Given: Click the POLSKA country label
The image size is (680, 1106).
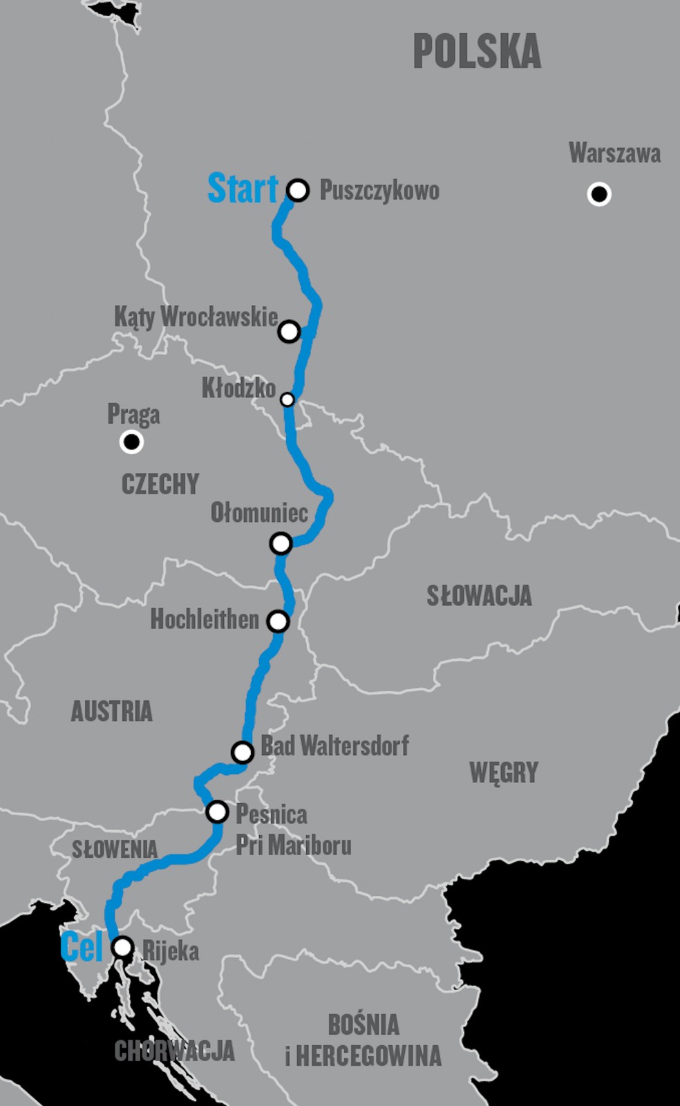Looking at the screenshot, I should pos(477,52).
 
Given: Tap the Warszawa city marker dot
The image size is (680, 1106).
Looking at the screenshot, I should pos(599,194).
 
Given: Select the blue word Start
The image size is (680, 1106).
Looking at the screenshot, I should pos(242,189).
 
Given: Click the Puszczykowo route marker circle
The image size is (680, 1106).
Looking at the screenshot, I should pos(298,190).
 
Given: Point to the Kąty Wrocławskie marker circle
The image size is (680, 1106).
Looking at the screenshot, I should pos(289,332).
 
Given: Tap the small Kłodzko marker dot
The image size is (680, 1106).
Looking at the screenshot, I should pos(287,400).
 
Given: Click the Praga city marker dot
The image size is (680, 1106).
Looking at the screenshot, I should pos(131,441).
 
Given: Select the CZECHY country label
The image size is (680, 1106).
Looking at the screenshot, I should pos(160,484).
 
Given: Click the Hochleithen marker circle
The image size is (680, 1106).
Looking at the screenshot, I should pos(278,621).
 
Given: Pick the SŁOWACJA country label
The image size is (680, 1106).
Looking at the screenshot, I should pos(479,596).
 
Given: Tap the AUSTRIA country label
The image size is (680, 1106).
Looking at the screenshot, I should pos(111,711).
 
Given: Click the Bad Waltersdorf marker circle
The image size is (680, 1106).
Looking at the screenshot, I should pos(243,751).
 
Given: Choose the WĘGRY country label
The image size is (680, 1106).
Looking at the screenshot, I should pos(504,772).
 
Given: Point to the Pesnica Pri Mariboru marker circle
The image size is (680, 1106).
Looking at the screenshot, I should pos(217,812).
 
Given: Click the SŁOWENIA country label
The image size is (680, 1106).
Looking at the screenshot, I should pos(115,850).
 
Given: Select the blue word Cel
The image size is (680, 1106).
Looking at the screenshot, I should pos(82,947).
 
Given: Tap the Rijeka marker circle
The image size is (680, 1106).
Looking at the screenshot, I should pos(122,947).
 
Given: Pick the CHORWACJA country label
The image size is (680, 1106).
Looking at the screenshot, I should pos(174,1051).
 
